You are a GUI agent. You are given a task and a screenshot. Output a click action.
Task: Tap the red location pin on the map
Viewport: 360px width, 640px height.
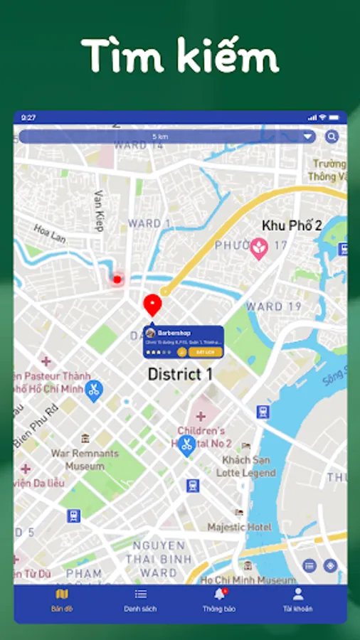(152, 304)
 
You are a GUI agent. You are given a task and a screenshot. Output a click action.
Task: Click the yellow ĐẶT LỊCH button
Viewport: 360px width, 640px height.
(206, 352)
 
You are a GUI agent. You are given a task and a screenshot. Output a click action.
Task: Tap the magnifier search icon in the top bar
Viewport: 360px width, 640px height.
(332, 137)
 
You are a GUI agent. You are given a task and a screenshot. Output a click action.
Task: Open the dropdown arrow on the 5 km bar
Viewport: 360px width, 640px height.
(307, 137)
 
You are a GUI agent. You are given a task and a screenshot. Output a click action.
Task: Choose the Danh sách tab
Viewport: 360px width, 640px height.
(140, 600)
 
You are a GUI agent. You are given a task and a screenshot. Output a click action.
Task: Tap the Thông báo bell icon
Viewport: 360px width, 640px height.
(219, 594)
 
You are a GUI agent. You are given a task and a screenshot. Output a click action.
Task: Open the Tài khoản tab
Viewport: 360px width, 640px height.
(297, 600)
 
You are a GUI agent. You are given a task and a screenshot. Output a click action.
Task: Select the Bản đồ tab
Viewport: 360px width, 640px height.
(62, 600)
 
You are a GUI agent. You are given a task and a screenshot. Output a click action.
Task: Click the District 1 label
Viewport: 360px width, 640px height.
(180, 375)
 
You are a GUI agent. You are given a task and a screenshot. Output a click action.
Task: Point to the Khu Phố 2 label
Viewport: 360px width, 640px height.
(292, 225)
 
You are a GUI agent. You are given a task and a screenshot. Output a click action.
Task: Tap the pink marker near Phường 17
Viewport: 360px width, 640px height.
(258, 247)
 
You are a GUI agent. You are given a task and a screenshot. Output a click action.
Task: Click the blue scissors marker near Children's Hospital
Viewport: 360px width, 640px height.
(186, 446)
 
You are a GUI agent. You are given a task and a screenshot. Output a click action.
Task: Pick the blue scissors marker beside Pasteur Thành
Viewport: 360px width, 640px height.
(93, 389)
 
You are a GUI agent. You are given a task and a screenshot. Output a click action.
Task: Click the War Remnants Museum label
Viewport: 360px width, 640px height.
(85, 459)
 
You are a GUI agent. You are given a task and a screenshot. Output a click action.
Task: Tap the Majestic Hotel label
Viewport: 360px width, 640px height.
(239, 527)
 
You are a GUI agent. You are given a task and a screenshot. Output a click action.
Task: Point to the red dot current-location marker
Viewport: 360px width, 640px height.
(117, 279)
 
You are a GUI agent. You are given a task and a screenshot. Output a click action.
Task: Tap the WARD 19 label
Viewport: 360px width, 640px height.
(274, 307)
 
